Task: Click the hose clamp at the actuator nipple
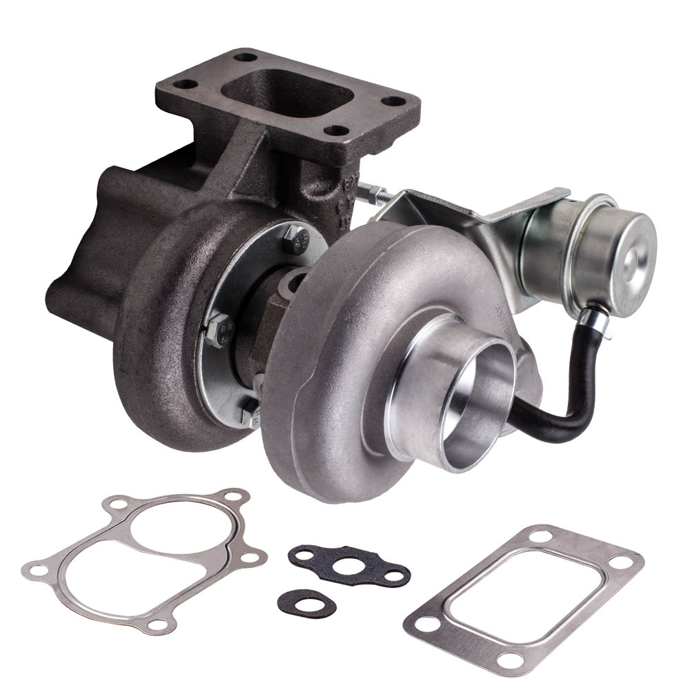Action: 592,320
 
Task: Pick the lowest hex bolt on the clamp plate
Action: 250,413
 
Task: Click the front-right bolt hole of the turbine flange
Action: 336,130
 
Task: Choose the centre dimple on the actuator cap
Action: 632,255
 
